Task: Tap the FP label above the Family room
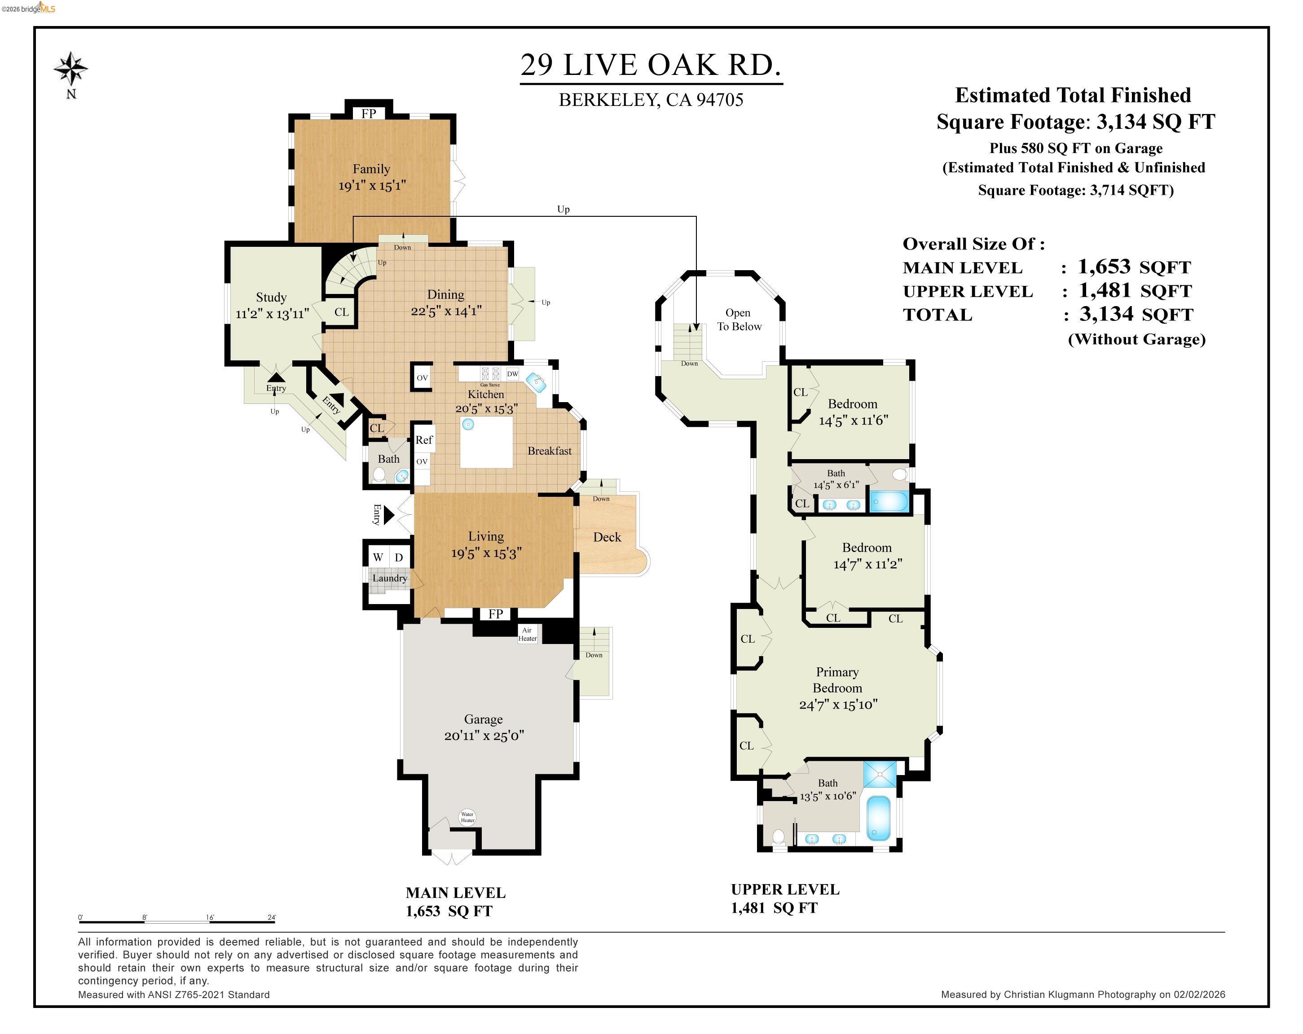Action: (369, 114)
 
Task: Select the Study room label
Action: (271, 297)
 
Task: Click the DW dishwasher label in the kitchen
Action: (512, 374)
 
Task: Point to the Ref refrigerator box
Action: (424, 440)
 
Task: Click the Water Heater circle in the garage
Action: (467, 817)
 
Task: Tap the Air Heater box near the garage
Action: (528, 634)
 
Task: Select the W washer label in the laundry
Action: (378, 557)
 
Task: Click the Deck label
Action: (607, 537)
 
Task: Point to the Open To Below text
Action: (739, 320)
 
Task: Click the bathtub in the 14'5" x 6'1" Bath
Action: (889, 502)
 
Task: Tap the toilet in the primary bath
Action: (779, 837)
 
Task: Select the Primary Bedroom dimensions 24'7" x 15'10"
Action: (838, 704)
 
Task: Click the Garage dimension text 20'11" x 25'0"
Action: (484, 736)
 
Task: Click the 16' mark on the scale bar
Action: (210, 917)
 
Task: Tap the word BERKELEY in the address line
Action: (608, 100)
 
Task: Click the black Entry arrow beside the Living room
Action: (388, 515)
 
